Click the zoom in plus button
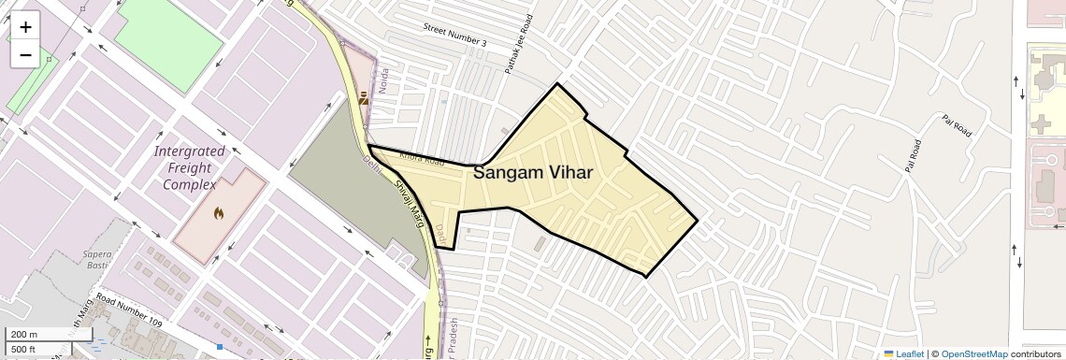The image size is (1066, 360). [25, 27]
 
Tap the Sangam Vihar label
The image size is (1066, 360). [533, 172]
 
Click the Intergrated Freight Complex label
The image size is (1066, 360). [190, 167]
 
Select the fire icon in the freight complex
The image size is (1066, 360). [219, 214]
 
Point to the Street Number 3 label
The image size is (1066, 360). [455, 36]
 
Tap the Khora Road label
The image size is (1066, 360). [422, 159]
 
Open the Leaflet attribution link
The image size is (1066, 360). [903, 353]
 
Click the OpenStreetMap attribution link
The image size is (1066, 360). [973, 353]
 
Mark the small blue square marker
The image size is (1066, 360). [220, 347]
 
